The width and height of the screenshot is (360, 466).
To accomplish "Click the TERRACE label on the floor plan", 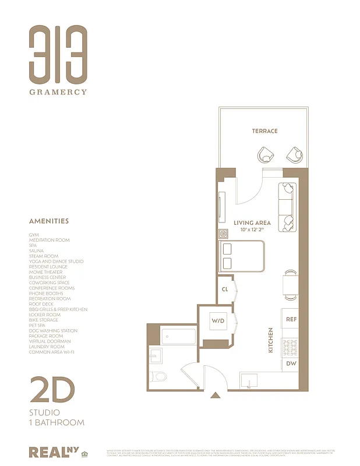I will (264, 131).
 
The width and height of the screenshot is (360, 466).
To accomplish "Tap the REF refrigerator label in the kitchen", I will (291, 319).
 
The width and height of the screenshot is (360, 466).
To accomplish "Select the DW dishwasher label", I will (291, 363).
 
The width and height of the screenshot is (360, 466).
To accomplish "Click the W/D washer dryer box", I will (218, 321).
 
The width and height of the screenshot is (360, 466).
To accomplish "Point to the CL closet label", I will (224, 289).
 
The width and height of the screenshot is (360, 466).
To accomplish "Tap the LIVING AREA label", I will (252, 223).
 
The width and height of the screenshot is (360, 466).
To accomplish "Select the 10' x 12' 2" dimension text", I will (252, 230).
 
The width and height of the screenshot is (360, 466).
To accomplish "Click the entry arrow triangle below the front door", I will (216, 396).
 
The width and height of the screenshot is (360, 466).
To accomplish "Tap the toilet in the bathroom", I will (159, 376).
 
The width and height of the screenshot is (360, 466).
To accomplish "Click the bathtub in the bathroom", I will (178, 337).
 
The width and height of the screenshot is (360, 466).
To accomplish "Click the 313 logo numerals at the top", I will (58, 54).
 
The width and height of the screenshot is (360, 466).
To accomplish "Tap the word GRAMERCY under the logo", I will (59, 91).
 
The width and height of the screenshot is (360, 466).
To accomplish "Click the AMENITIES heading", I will (49, 221).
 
